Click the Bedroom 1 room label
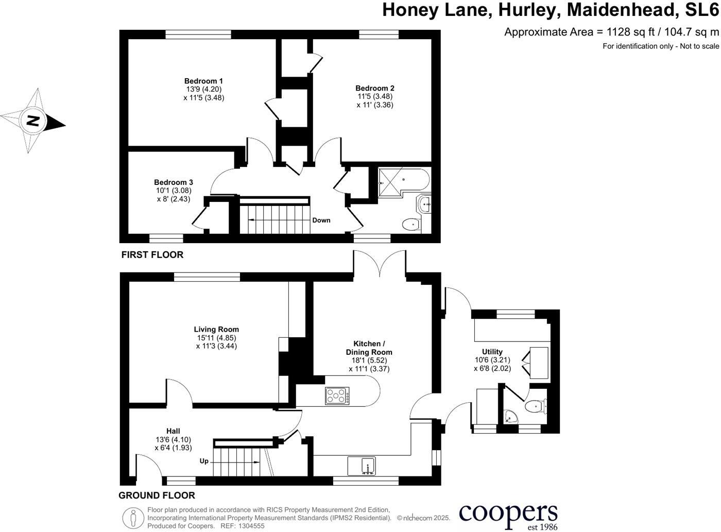coord(203,81)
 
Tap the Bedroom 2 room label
coord(374,88)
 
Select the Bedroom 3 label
coord(174,182)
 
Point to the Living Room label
coord(216,330)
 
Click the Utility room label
coord(492,352)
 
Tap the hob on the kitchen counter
coord(337,396)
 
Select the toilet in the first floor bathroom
coord(411,224)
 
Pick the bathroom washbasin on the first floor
coord(425,205)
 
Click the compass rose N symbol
coord(33,121)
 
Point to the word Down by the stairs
coord(321,220)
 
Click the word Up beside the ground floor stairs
coord(204,461)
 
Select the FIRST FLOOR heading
coord(152,255)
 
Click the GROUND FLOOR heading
coord(157,495)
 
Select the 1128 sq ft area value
coord(631,32)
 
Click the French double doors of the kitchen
coord(380,264)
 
